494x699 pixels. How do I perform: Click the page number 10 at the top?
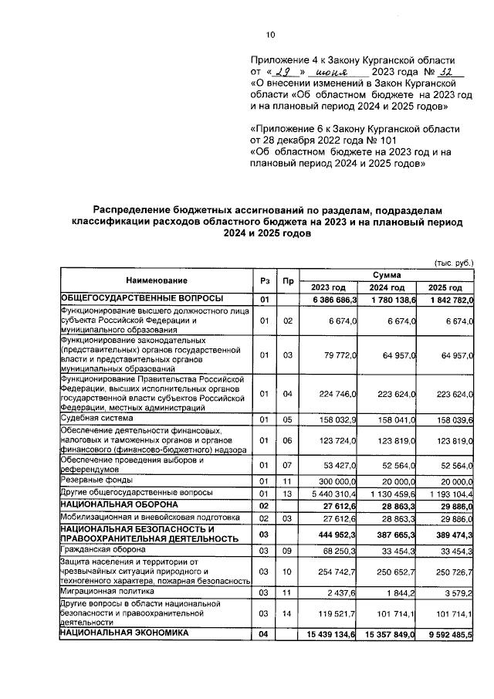click(x=270, y=34)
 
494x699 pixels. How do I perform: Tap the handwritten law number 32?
click(x=438, y=71)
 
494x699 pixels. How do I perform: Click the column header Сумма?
click(x=387, y=274)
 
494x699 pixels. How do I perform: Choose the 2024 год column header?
click(x=387, y=287)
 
